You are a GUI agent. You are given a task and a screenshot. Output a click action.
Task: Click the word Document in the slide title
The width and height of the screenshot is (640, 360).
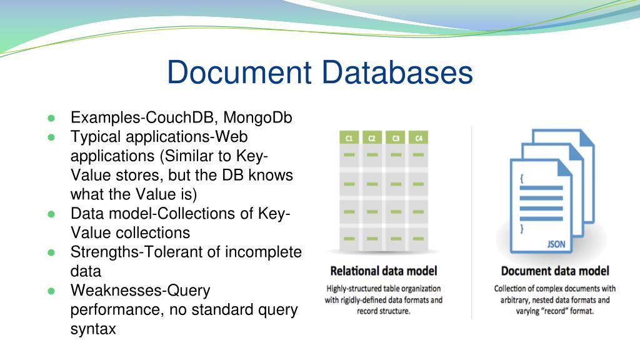pyautogui.click(x=239, y=72)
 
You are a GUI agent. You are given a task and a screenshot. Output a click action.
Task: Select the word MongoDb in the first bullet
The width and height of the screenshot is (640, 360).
pyautogui.click(x=258, y=117)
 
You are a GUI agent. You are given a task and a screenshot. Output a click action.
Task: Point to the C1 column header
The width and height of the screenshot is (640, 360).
pyautogui.click(x=349, y=138)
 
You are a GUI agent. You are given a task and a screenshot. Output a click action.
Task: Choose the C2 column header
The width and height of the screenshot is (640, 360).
pyautogui.click(x=372, y=138)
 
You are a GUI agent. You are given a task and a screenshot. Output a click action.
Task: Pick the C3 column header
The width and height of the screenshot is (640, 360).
pyautogui.click(x=395, y=138)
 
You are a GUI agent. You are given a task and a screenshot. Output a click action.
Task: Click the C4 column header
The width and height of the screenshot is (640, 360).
pyautogui.click(x=417, y=138)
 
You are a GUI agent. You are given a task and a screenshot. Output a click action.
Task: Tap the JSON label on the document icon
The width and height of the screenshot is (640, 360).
pyautogui.click(x=556, y=244)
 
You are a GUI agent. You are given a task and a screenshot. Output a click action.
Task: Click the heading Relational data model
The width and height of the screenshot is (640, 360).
pyautogui.click(x=384, y=271)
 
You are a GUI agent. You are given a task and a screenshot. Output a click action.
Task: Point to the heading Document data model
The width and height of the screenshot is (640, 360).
pyautogui.click(x=555, y=271)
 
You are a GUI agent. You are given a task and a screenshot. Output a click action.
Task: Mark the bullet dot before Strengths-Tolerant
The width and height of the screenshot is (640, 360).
pyautogui.click(x=51, y=252)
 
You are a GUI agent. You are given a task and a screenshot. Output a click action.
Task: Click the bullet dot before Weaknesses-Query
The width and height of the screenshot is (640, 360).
pyautogui.click(x=51, y=291)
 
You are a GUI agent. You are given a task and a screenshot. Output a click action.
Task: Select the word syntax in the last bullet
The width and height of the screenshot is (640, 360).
pyautogui.click(x=93, y=329)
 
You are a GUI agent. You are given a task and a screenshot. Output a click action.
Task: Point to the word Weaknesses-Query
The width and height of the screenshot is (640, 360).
pyautogui.click(x=140, y=291)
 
